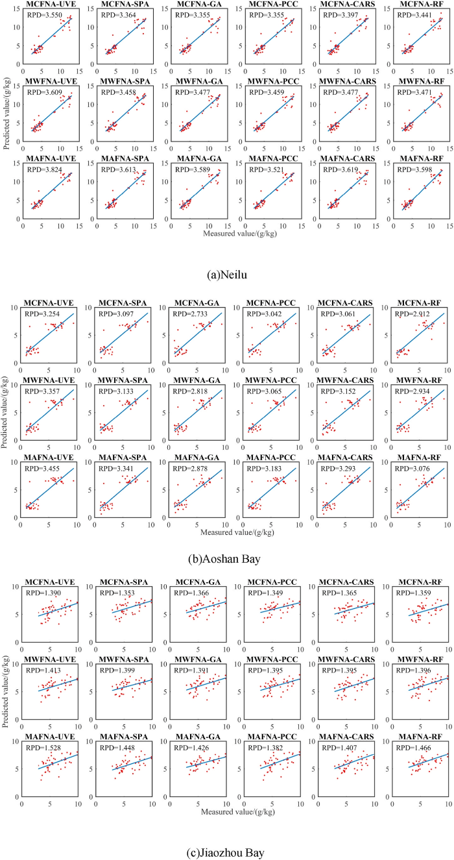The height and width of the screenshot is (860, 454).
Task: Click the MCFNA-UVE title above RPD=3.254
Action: click(49, 303)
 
